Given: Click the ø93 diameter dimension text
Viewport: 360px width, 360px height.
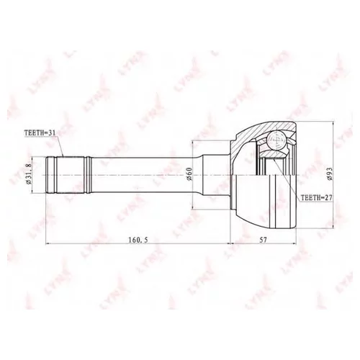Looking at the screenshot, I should pyautogui.click(x=328, y=173).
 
